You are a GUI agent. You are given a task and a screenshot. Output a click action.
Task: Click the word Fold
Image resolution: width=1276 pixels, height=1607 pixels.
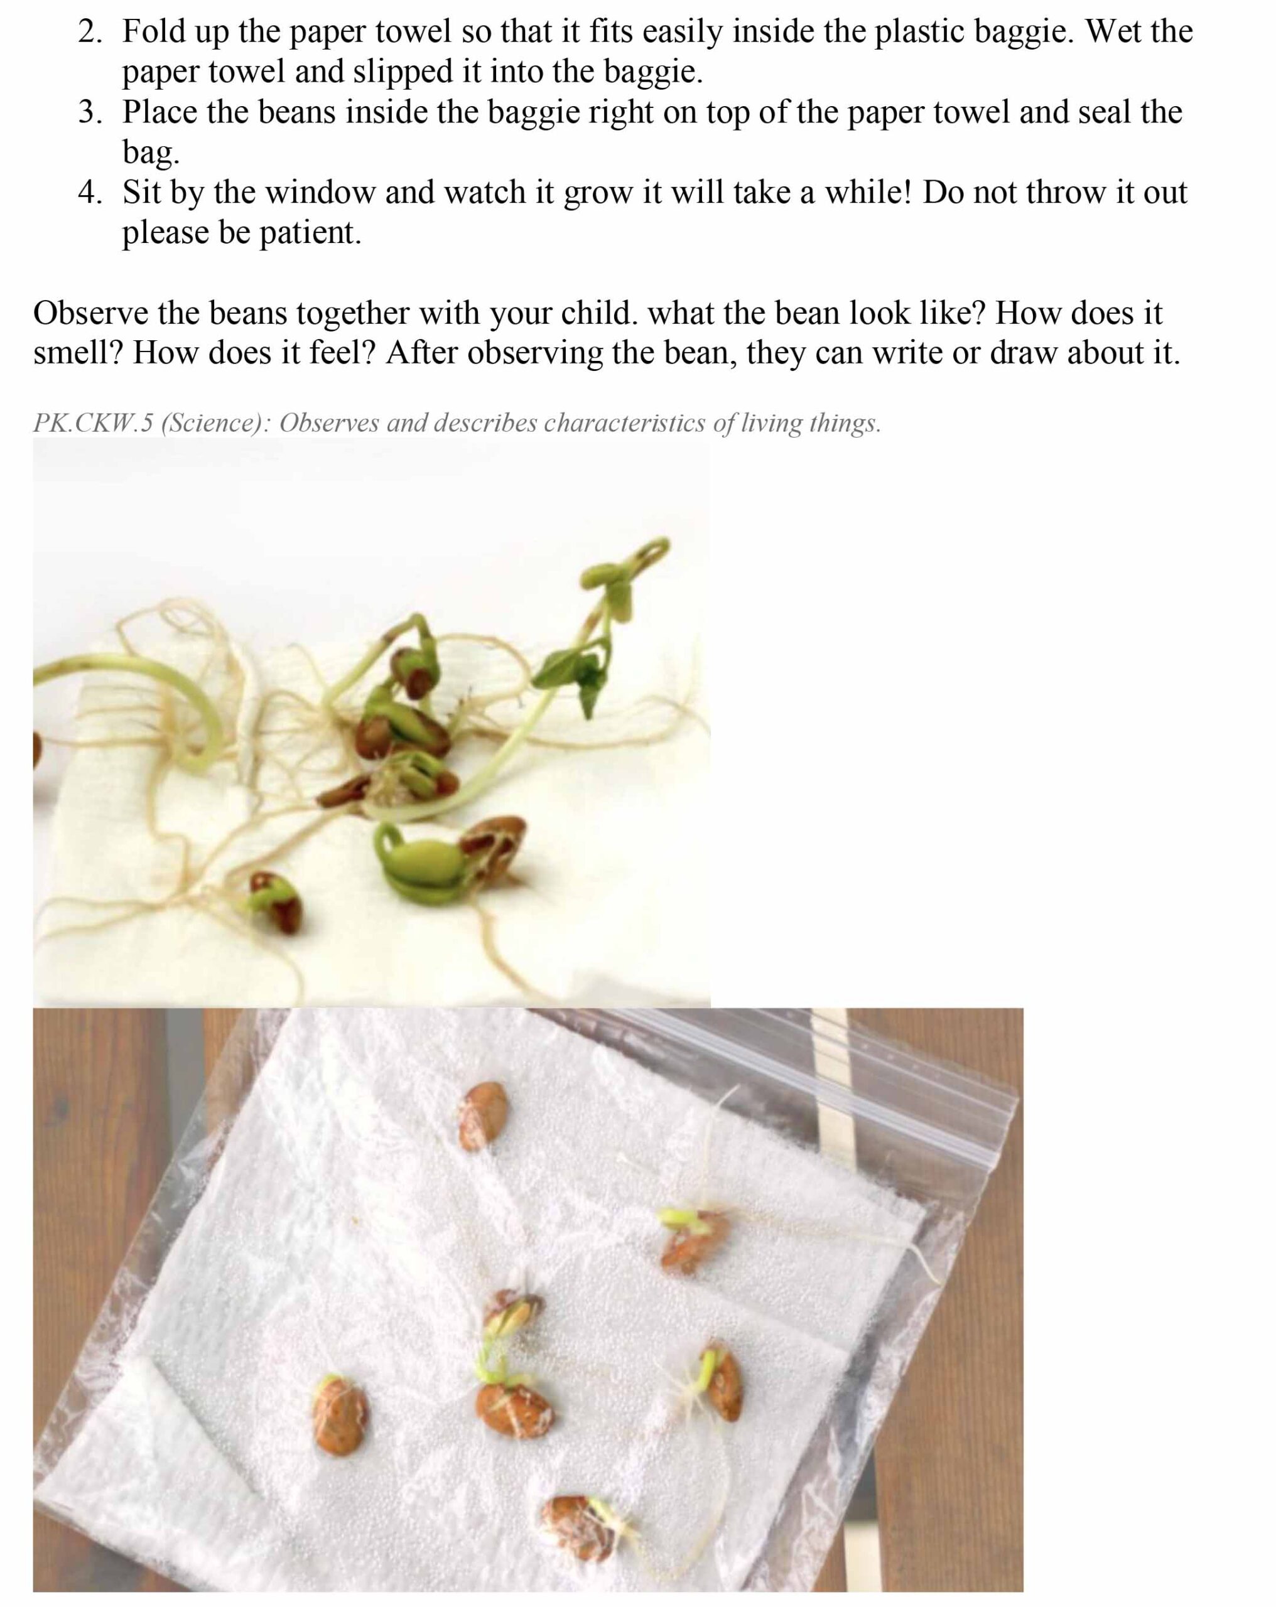pos(154,32)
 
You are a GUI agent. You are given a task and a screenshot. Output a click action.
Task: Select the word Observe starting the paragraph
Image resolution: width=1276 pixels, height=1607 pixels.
pos(91,314)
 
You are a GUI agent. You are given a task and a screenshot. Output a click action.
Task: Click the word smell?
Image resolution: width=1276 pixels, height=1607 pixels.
pos(78,353)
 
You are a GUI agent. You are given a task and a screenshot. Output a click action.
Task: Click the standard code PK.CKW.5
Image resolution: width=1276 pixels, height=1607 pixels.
pos(92,422)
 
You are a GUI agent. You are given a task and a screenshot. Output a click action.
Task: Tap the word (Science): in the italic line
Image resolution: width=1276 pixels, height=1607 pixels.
pos(215,423)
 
